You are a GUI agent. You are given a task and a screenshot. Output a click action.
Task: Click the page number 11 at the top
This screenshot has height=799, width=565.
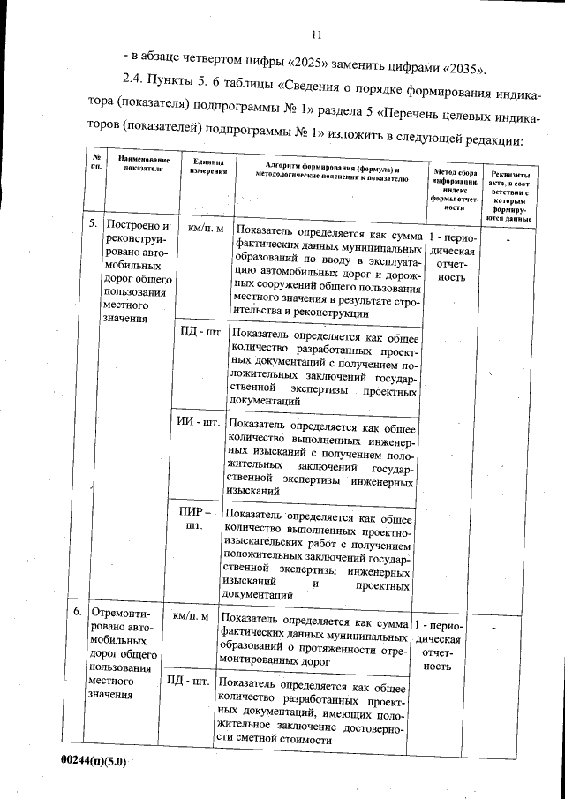point(319,34)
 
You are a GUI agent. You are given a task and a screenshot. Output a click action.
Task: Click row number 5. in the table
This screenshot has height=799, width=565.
point(93,225)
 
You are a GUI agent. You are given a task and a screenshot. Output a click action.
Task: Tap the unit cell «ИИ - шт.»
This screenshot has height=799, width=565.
point(198,422)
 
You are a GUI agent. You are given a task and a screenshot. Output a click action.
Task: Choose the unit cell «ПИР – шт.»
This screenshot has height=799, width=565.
point(194,518)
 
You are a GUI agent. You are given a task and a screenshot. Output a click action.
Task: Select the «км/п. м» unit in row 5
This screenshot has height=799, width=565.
point(206,228)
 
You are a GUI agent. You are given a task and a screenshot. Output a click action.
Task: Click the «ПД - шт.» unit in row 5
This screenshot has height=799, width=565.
point(201,333)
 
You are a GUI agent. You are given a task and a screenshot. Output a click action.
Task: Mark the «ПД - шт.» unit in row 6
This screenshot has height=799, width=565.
point(188,682)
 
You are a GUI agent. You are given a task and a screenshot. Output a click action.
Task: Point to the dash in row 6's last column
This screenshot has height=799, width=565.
point(507,627)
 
